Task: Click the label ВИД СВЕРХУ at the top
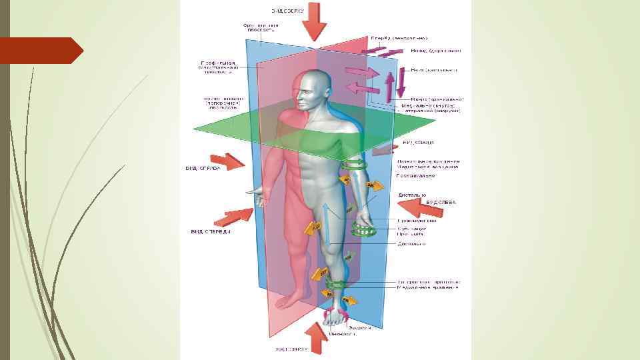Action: [x=288, y=11]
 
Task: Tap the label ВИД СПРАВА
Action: [x=203, y=169]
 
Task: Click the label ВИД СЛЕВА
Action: [x=441, y=202]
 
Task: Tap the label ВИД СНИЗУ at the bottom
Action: [x=291, y=349]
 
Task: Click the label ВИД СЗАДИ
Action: [x=419, y=142]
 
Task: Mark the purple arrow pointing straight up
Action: [x=391, y=87]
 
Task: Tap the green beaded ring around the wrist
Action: [x=363, y=231]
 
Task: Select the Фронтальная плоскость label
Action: [x=260, y=28]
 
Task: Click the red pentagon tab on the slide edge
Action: [x=41, y=51]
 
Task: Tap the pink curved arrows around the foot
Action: [x=335, y=315]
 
